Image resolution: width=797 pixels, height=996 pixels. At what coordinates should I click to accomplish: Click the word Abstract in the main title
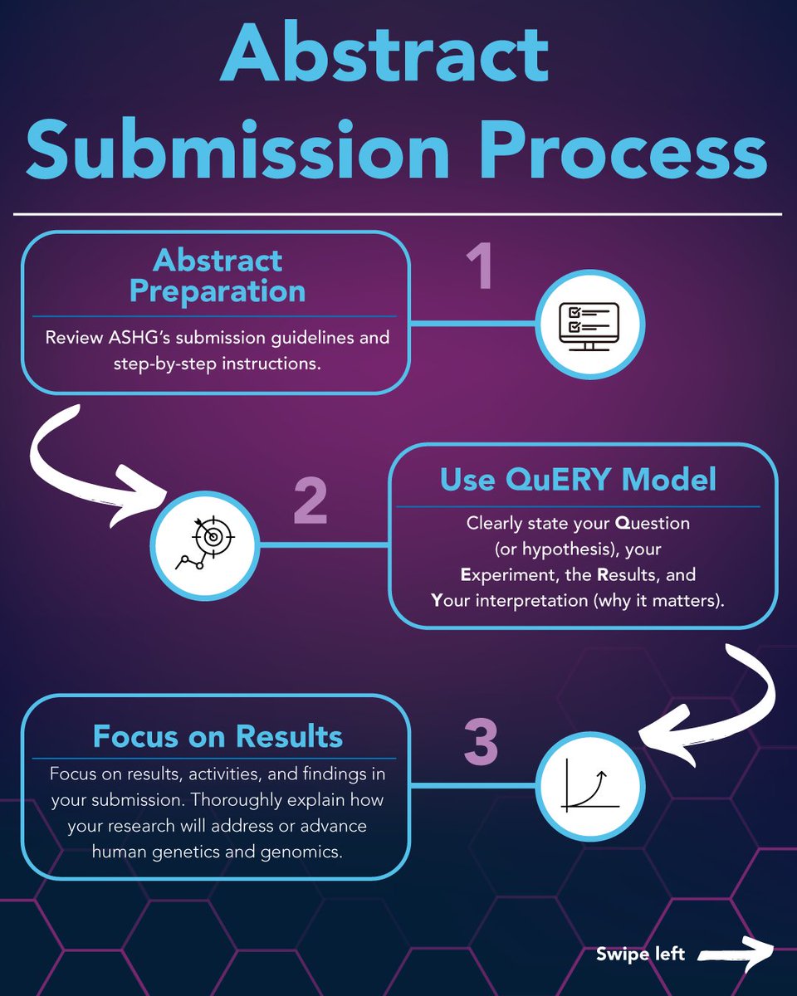[385, 51]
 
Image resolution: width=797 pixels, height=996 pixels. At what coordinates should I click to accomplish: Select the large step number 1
[480, 266]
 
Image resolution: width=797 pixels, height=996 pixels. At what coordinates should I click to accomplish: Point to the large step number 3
[481, 741]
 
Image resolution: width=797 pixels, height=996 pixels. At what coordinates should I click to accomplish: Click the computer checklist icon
[589, 326]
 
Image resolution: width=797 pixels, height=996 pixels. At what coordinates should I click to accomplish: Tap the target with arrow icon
[205, 543]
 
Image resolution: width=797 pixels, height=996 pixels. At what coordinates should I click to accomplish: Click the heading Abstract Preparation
[218, 276]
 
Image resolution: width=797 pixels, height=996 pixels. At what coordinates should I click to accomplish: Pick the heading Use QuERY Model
[578, 480]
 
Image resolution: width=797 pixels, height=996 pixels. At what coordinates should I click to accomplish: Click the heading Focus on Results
[218, 736]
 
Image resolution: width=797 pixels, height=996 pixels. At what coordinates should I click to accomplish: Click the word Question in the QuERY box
[652, 523]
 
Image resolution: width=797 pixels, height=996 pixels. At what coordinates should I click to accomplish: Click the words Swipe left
[640, 954]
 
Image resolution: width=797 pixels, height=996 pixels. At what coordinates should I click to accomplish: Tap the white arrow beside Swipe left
[736, 954]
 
